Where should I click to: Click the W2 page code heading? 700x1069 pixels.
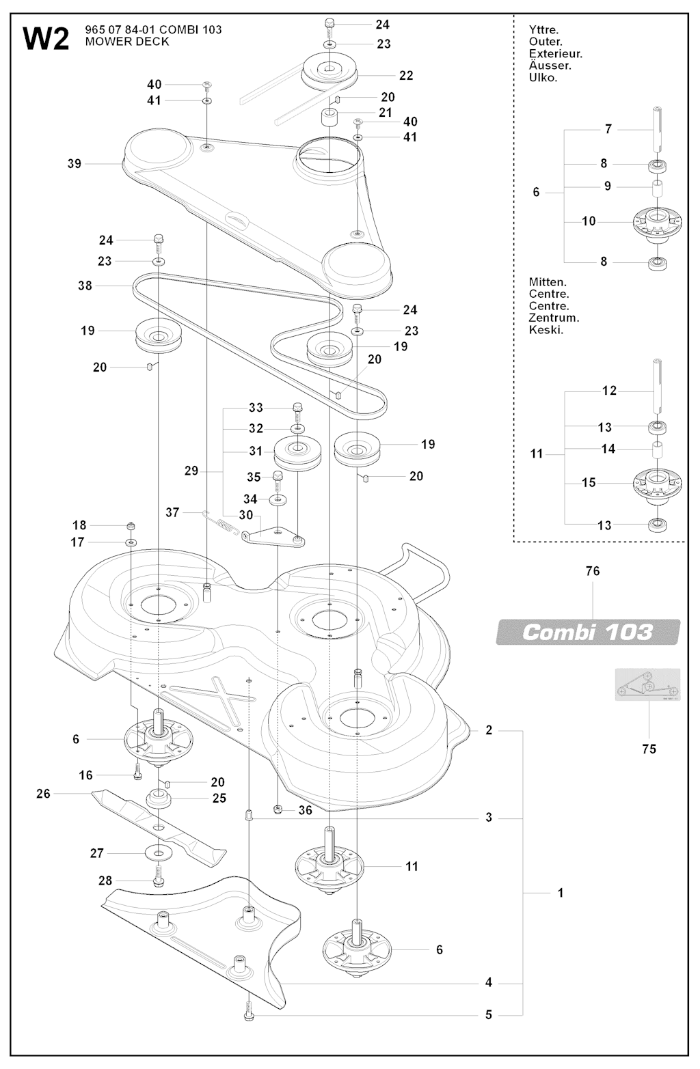[46, 38]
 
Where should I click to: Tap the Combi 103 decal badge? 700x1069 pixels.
[587, 632]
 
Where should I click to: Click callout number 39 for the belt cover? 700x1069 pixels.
[75, 163]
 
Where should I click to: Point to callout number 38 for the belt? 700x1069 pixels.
[85, 286]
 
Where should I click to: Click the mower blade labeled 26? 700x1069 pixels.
[157, 827]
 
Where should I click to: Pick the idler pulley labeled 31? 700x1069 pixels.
[298, 454]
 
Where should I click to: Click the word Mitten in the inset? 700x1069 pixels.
[547, 282]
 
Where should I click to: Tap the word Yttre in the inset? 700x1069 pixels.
[543, 29]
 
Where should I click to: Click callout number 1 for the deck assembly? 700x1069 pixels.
[561, 893]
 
